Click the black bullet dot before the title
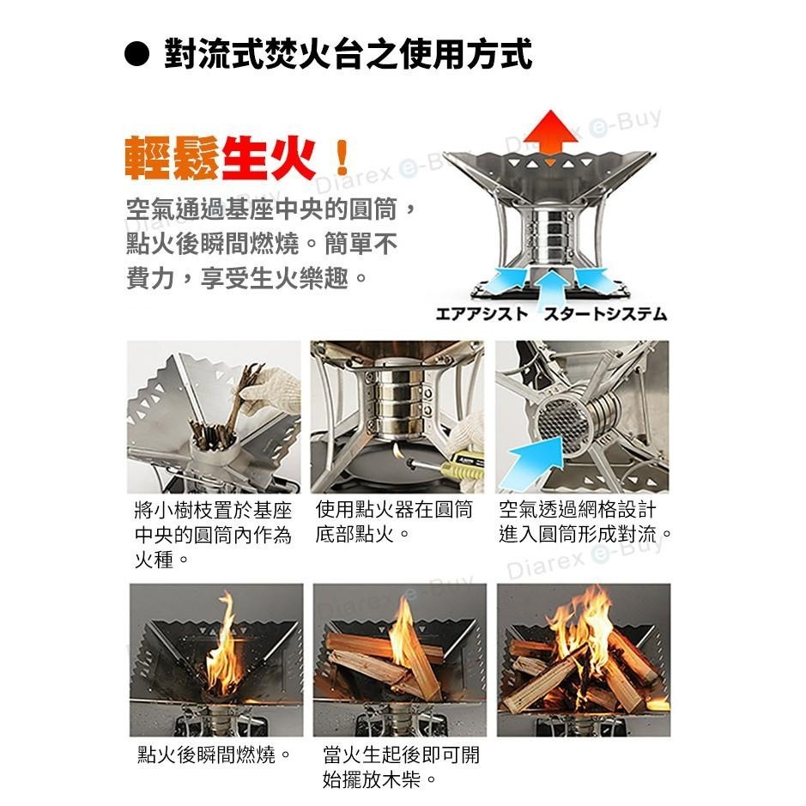(x=136, y=54)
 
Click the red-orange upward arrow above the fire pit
(x=550, y=132)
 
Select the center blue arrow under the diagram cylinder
(x=551, y=288)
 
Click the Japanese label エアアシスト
(x=482, y=313)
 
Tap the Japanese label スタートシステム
(x=605, y=313)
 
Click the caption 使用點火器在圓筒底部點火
(x=394, y=522)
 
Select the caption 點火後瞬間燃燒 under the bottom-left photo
(x=215, y=754)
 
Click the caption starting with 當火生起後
(x=401, y=767)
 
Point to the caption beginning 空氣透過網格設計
(x=585, y=522)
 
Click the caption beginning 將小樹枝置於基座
(x=213, y=535)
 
